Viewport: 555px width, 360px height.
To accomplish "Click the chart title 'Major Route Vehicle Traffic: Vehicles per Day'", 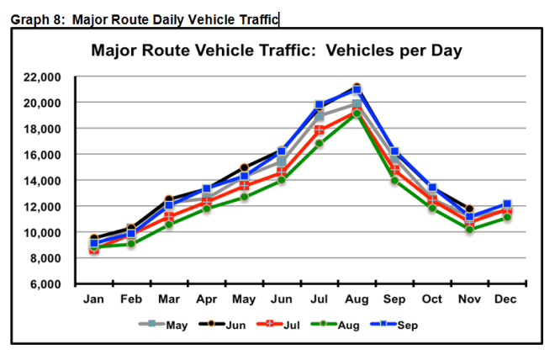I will point(277,51).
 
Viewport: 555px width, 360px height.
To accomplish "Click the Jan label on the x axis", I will point(94,299).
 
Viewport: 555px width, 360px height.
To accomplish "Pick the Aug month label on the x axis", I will point(356,299).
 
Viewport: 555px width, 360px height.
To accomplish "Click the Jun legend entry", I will point(224,325).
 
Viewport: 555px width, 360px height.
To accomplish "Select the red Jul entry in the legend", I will point(280,325).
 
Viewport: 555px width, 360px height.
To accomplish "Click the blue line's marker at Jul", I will point(320,105).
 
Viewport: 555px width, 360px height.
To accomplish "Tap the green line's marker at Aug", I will point(357,114).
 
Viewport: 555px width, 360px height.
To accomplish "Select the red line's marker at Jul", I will point(320,130).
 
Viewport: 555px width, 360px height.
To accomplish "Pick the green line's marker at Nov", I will point(469,229).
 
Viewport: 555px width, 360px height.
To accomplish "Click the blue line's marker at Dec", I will point(506,204).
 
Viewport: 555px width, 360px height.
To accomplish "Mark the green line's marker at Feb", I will point(131,243).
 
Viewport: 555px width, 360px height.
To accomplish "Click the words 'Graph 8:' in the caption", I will point(38,19).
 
